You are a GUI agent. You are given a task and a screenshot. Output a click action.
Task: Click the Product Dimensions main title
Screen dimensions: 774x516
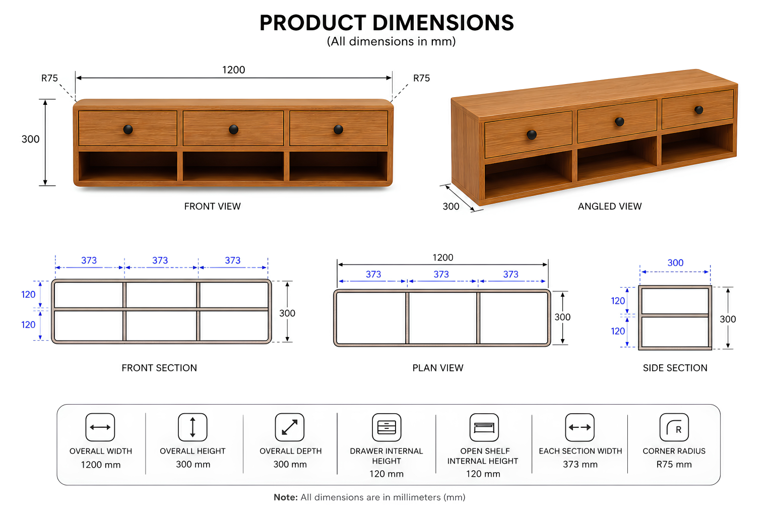point(386,23)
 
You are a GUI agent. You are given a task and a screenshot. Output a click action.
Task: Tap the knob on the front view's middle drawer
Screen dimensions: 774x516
point(234,130)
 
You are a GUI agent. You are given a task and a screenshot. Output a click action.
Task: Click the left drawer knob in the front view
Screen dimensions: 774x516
point(128,130)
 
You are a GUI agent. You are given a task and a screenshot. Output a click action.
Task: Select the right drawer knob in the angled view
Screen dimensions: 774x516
point(699,110)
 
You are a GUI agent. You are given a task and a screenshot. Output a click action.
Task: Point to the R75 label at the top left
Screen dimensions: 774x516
point(49,78)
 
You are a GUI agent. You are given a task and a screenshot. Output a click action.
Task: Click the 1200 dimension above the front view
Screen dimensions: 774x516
point(234,70)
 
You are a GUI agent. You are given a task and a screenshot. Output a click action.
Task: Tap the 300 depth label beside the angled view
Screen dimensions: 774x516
point(451,206)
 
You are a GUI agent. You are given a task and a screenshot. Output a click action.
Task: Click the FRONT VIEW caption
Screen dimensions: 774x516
point(212,206)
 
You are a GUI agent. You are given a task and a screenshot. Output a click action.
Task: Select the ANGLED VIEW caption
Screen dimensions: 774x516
point(610,206)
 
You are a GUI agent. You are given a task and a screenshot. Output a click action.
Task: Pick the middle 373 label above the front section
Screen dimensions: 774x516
point(160,260)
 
